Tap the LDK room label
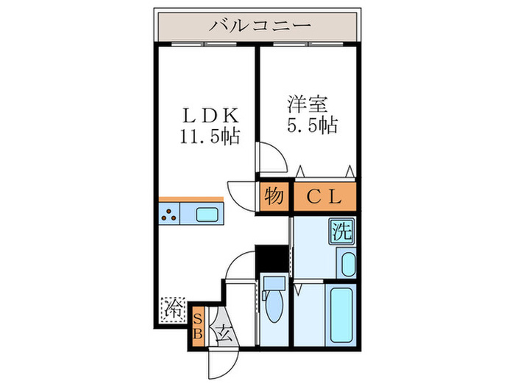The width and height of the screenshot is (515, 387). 210,116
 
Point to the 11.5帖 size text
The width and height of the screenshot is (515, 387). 210,136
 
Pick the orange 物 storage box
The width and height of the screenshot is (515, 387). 274,196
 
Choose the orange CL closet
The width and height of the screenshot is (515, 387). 324,196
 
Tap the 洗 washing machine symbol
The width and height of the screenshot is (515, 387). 341,231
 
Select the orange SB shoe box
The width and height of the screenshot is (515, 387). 197,325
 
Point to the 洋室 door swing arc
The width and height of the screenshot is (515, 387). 271,157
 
